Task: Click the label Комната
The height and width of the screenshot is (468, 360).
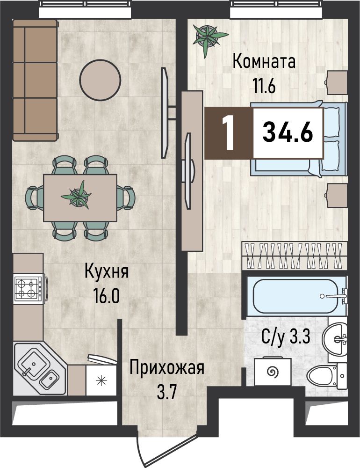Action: tap(264, 61)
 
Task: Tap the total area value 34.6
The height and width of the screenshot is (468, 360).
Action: tap(288, 132)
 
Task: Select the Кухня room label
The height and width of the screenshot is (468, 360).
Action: tap(107, 272)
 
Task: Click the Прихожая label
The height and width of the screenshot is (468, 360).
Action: tap(167, 369)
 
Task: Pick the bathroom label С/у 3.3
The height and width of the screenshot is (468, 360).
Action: tap(286, 337)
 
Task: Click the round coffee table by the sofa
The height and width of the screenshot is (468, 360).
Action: tap(100, 80)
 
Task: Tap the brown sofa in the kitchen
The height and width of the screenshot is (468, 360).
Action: tap(35, 80)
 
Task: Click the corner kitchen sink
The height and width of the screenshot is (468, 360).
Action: tap(39, 369)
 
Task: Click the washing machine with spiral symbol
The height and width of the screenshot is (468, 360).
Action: tap(273, 372)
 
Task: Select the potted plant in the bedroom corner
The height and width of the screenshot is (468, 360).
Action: tap(209, 37)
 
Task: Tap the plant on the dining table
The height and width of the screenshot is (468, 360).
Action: tap(77, 196)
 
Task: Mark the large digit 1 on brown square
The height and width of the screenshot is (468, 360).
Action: tap(229, 133)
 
